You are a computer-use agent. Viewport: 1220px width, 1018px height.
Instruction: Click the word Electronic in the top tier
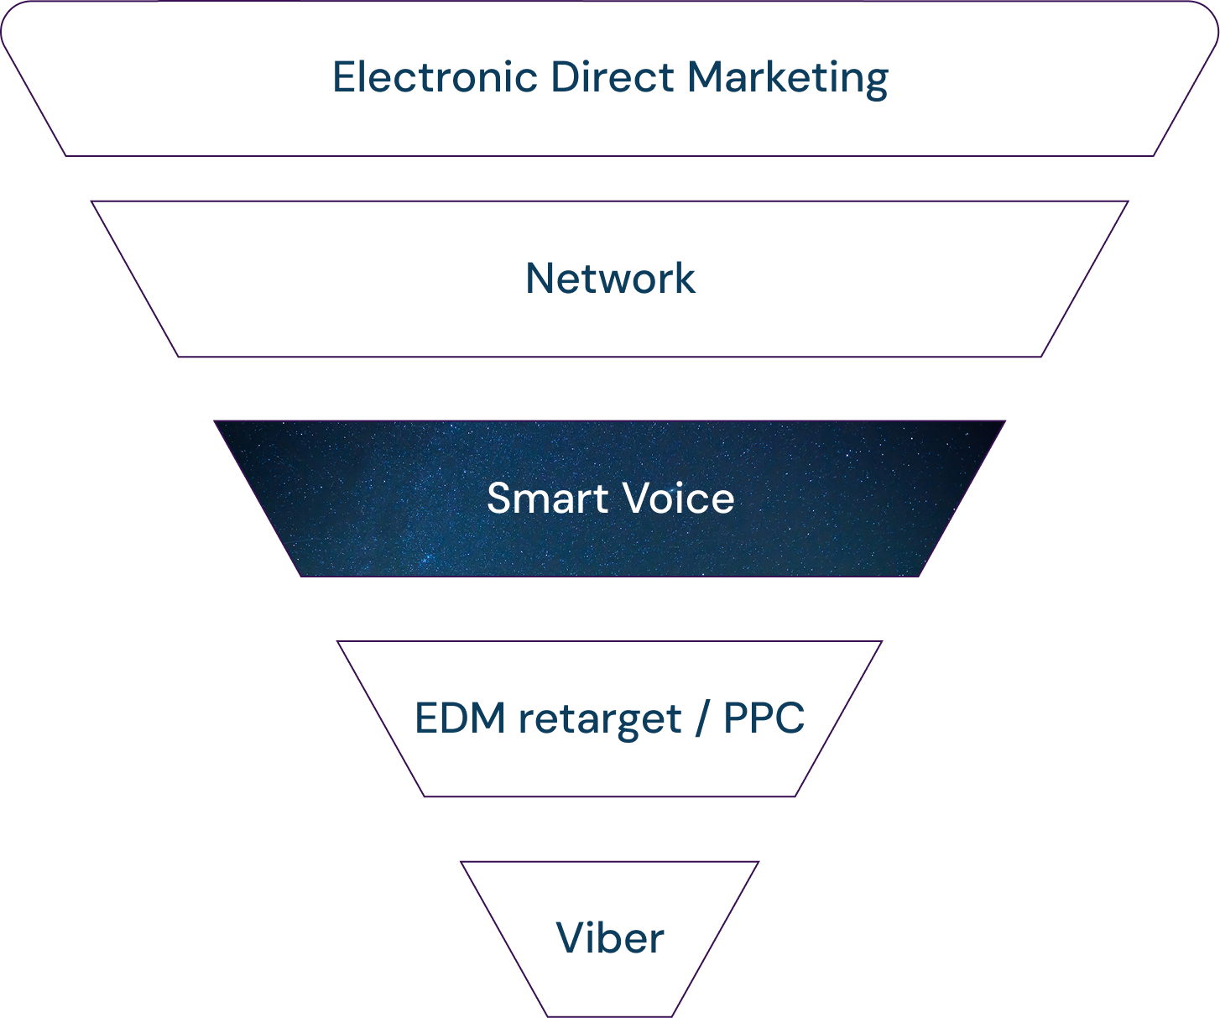(435, 77)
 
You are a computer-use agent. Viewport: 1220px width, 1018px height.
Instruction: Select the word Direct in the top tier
(613, 77)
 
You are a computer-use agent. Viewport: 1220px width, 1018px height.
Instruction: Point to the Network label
(610, 279)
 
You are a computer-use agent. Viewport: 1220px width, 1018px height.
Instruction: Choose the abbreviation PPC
(764, 718)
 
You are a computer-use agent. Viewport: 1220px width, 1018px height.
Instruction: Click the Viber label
(610, 938)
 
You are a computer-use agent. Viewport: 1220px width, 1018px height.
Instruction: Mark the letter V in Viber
(571, 938)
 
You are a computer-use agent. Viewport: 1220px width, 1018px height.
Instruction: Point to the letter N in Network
(540, 279)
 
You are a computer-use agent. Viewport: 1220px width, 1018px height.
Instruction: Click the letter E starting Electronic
(344, 77)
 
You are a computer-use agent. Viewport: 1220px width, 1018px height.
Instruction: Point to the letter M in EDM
(488, 718)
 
